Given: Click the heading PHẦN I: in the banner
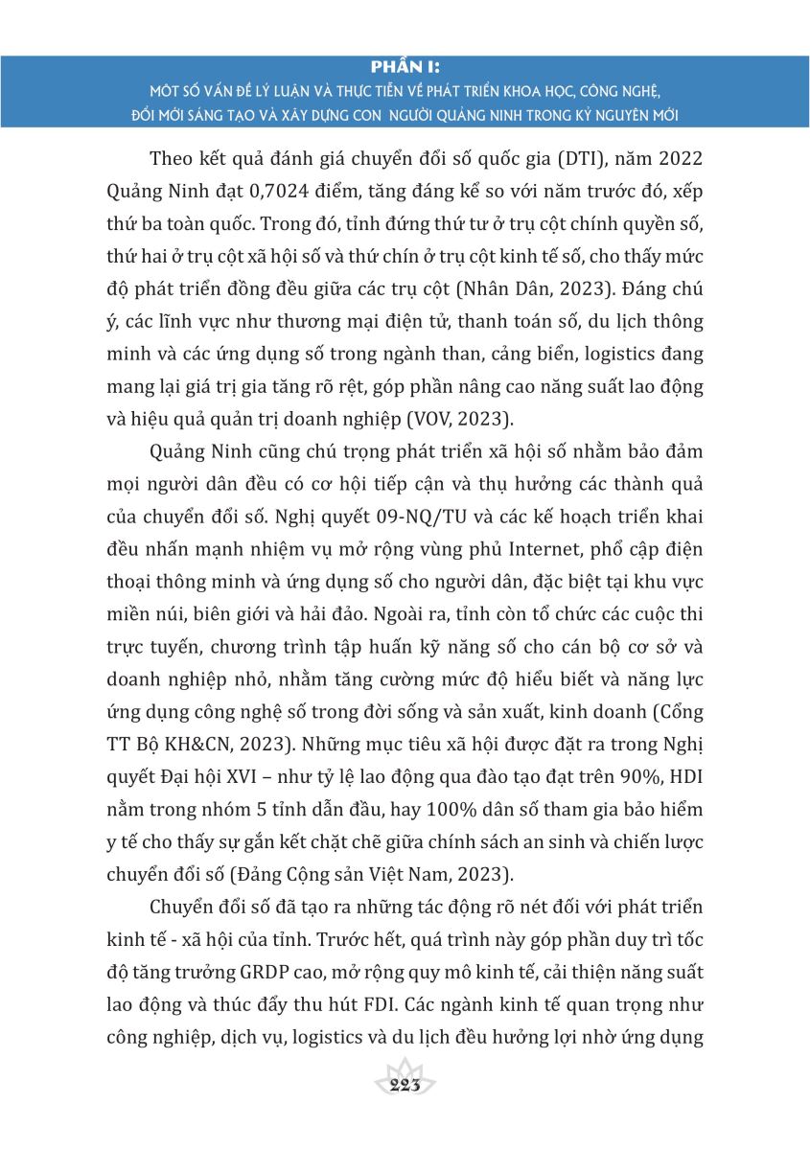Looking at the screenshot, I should click(x=405, y=67).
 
